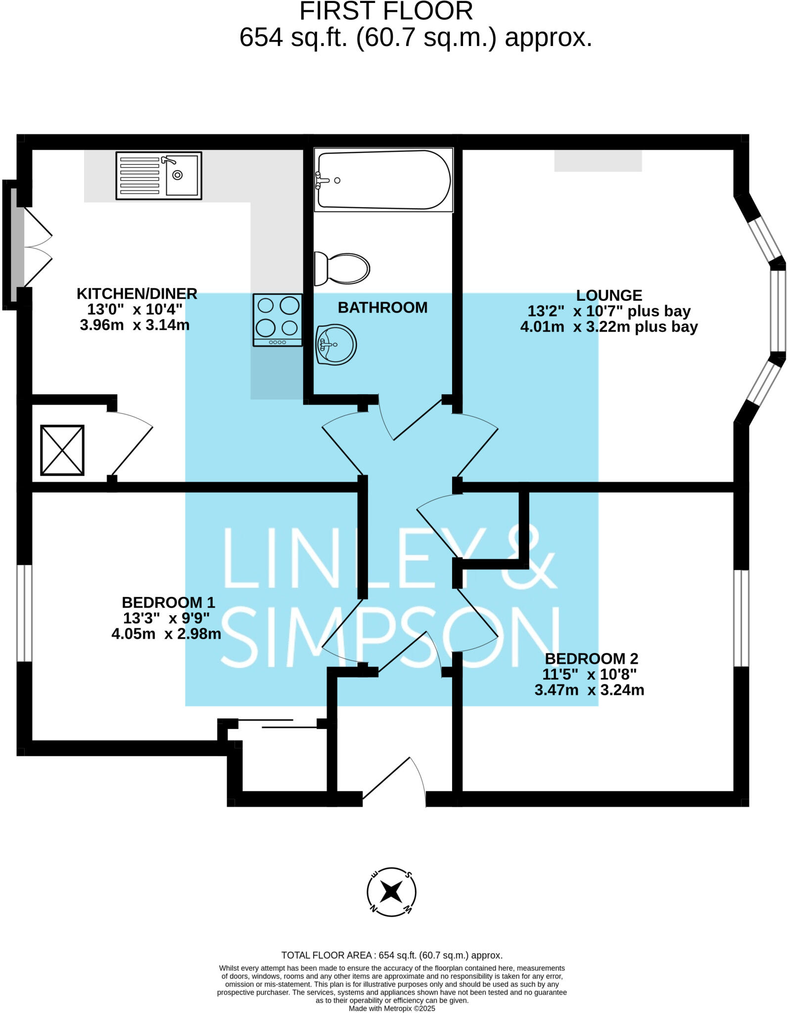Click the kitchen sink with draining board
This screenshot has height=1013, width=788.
click(159, 176)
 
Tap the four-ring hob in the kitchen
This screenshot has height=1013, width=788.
click(278, 320)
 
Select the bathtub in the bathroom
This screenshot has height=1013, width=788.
click(383, 180)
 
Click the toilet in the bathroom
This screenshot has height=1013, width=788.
click(342, 269)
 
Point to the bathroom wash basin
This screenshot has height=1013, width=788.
click(336, 344)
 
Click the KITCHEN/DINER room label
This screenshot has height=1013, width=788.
click(137, 294)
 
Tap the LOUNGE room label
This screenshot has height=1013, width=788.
click(609, 295)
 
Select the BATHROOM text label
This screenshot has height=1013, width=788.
click(382, 308)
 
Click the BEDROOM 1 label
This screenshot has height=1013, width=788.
click(168, 602)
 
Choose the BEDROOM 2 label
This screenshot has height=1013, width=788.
click(591, 659)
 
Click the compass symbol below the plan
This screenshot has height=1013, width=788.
click(391, 892)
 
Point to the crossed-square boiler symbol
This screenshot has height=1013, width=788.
click(62, 450)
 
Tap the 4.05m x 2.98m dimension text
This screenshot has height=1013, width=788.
click(166, 634)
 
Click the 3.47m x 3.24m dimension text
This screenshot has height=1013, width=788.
click(589, 690)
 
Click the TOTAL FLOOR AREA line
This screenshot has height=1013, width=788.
click(391, 955)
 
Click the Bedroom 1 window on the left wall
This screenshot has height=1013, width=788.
click(24, 613)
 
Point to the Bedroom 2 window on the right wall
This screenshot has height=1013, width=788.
click(741, 618)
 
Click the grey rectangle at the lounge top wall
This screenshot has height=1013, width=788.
click(598, 161)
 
